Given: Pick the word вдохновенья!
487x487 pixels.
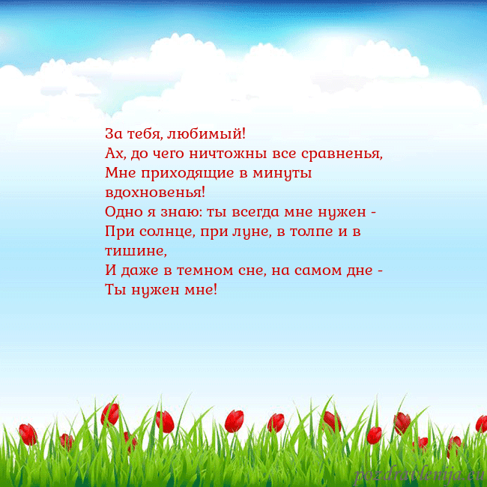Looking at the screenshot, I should point(155,192).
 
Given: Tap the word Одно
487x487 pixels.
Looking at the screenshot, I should point(122,211).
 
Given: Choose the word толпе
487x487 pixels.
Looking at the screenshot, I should point(312,231).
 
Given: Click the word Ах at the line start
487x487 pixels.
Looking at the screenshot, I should point(115,154).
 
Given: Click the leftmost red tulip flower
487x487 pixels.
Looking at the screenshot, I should point(28,434).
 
